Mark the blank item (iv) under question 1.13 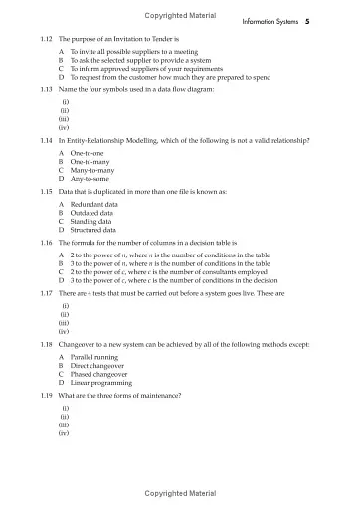[64, 126]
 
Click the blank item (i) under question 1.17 [65, 305]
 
